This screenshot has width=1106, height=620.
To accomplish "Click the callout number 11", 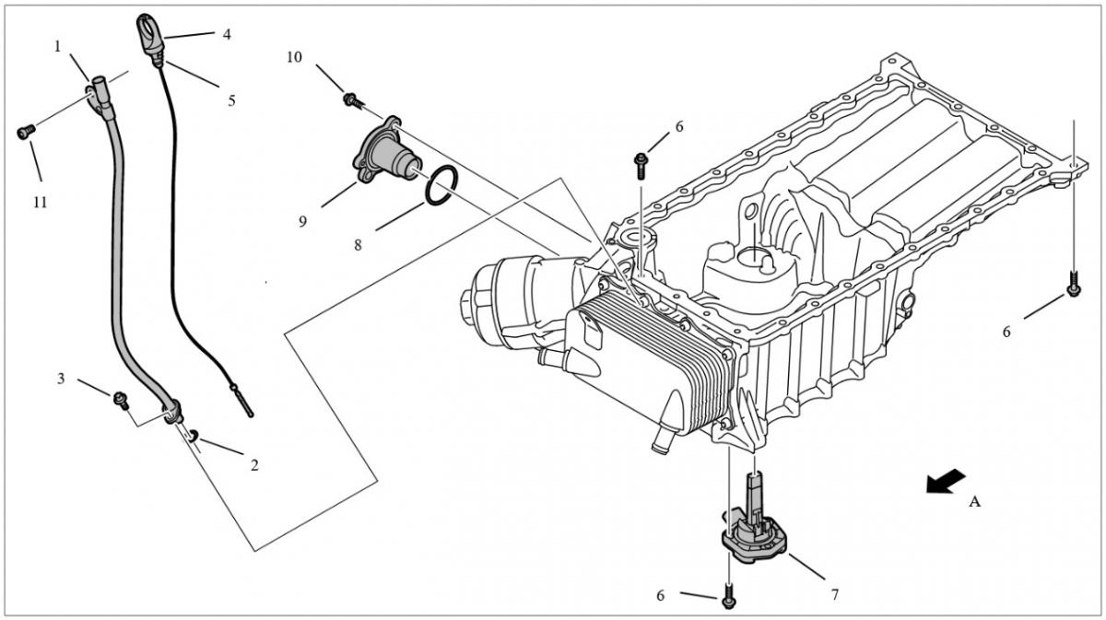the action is point(40,203).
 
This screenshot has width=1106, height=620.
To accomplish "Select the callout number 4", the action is point(227,35).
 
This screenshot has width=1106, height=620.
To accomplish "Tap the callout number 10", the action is point(294,57).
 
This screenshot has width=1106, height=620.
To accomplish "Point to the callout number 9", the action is point(302,222).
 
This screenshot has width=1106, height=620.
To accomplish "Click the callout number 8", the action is point(358,245).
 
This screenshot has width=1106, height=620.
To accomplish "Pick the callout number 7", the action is point(835,595).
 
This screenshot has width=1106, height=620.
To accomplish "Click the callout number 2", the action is point(254,465).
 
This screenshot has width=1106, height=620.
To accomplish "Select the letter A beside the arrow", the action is point(974,502).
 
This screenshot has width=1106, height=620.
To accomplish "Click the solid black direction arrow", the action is point(946,480).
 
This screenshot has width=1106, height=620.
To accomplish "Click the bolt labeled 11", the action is point(26,132).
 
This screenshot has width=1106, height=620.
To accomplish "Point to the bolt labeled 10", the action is point(354,100).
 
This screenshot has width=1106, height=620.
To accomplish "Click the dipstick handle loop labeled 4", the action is point(148,33).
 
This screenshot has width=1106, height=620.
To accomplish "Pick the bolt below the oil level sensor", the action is point(728,597).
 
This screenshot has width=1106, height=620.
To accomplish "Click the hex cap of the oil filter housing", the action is point(469,301).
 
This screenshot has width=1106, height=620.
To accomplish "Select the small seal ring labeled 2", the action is point(194,435).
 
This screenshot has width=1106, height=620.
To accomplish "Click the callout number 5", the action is point(231,101).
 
